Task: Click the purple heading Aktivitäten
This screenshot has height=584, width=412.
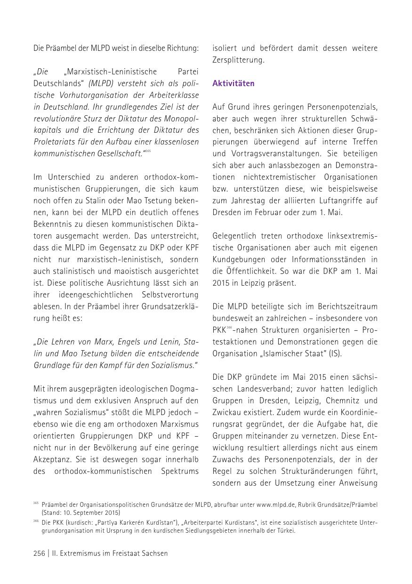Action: [x=233, y=83]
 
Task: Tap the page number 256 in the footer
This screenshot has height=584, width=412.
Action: [x=39, y=553]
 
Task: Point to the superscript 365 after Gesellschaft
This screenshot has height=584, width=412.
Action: [x=147, y=151]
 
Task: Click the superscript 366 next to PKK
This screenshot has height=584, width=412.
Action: [x=229, y=328]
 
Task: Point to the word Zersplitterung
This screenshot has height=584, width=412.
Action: [x=238, y=60]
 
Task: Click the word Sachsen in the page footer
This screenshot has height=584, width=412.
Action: [x=153, y=553]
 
